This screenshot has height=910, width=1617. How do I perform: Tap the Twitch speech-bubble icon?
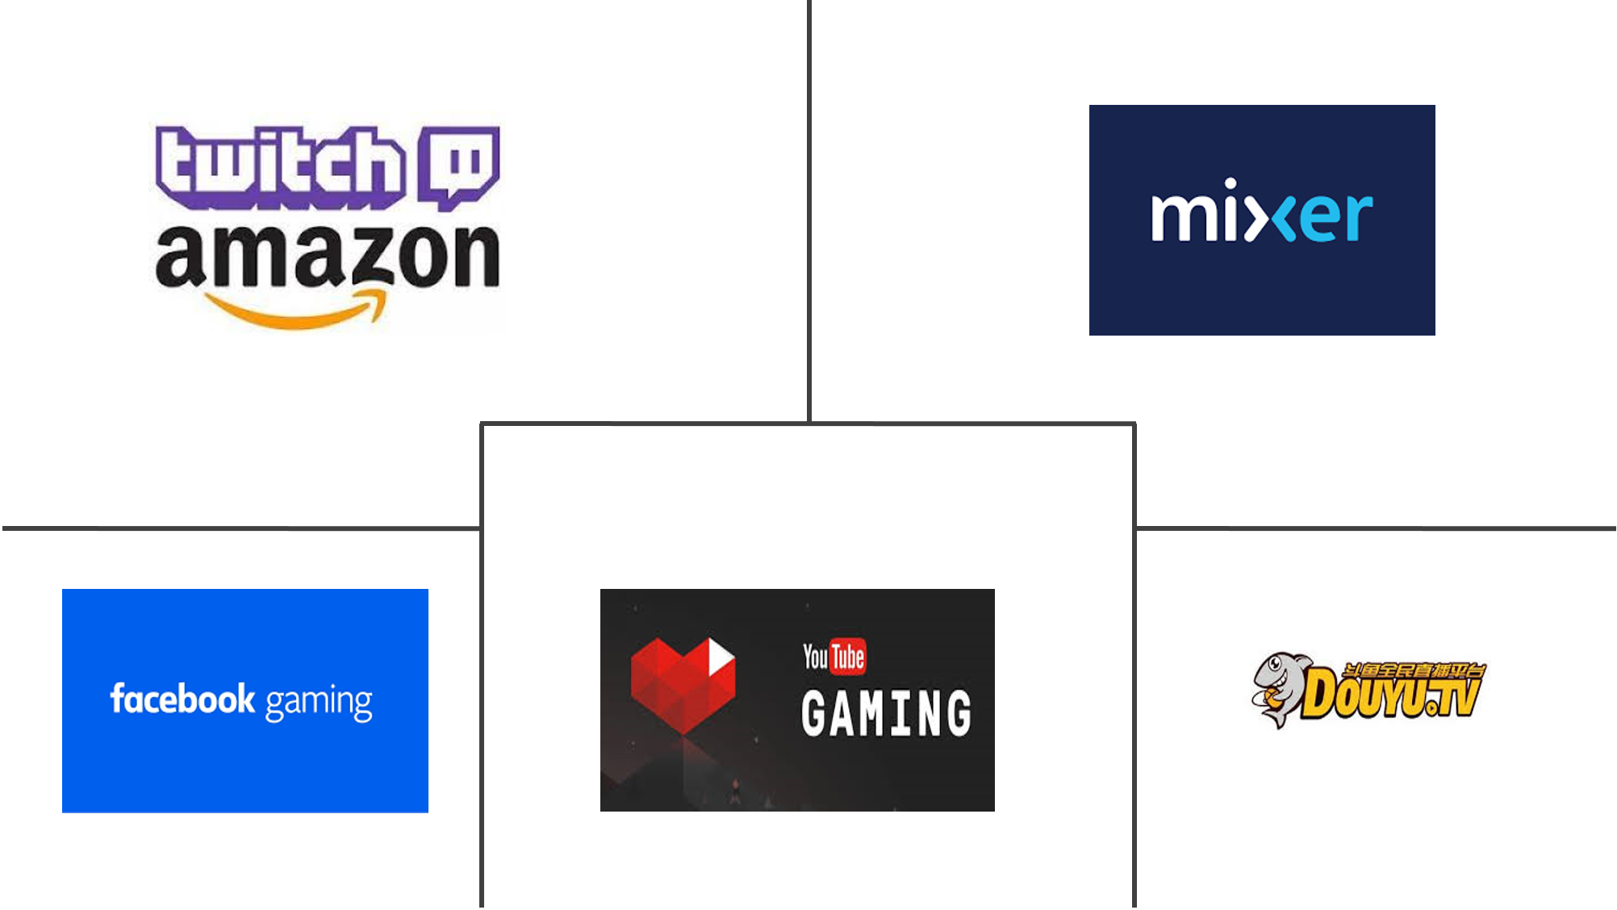459,166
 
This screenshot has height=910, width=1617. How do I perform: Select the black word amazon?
327,256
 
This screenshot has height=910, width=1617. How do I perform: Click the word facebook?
182,699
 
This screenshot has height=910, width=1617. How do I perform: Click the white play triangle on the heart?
720,657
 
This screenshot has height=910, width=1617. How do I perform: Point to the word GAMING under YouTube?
886,714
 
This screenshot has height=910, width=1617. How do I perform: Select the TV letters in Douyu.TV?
1460,696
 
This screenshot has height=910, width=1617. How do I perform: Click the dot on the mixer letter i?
1231,184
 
